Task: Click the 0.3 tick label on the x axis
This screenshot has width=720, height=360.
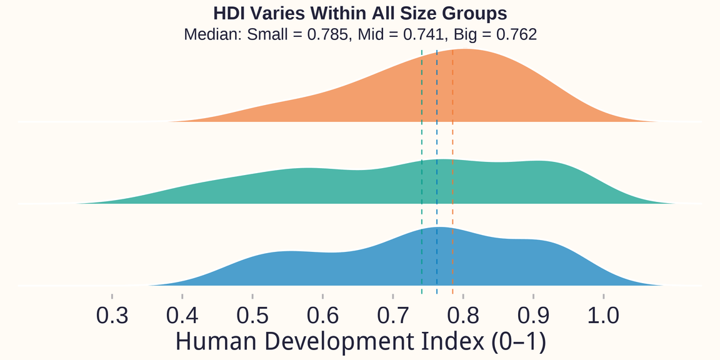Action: coord(112,315)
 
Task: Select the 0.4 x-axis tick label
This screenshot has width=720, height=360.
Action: coord(182,315)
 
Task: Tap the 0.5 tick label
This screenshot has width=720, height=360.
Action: coord(252,315)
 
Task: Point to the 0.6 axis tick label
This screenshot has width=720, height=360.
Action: coord(322,315)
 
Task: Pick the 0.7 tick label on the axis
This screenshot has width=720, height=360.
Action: coord(393,315)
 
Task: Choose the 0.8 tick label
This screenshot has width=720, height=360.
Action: coord(463,315)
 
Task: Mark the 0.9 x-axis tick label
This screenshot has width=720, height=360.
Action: coord(533,315)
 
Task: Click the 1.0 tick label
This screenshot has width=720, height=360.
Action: coord(604,315)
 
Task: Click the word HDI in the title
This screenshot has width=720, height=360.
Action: coord(229,14)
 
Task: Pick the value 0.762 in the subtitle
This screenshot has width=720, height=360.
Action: coord(516,34)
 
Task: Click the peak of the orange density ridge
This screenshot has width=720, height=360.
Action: coord(466,49)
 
